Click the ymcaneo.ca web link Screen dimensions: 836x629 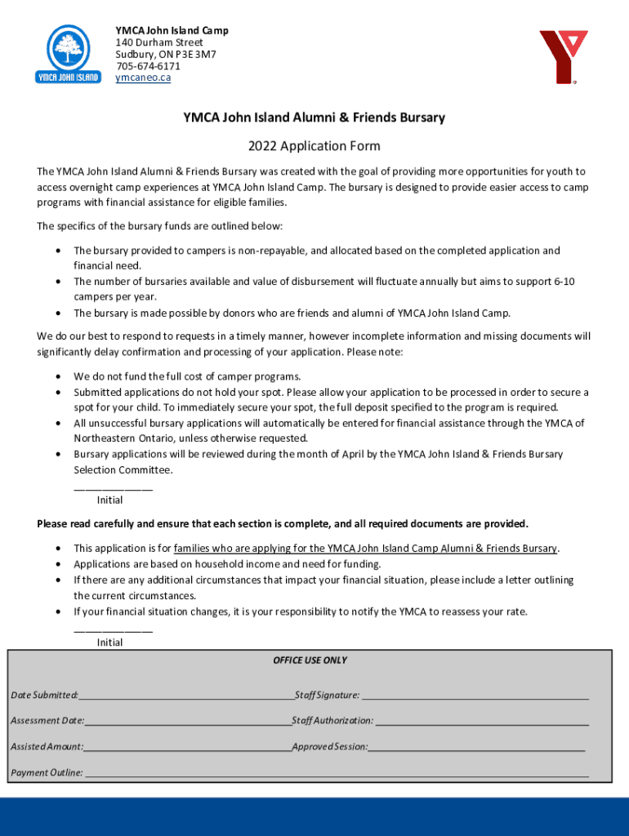point(143,78)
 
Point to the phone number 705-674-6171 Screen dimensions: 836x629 point(148,66)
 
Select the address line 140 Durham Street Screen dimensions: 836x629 point(158,42)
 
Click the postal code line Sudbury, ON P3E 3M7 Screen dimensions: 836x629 point(165,54)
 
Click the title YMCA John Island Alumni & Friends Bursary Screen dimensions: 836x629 point(314,118)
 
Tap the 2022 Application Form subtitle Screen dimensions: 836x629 point(314,147)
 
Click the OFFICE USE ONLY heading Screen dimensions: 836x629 point(310,660)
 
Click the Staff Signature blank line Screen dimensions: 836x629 point(475,696)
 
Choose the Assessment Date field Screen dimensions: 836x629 point(188,722)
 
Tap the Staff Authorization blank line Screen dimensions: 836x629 point(482,722)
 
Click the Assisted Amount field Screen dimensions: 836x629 point(187,748)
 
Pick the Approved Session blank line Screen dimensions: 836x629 point(476,748)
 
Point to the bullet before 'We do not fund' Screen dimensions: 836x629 point(57,377)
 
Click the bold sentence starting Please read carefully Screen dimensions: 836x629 point(283,523)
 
